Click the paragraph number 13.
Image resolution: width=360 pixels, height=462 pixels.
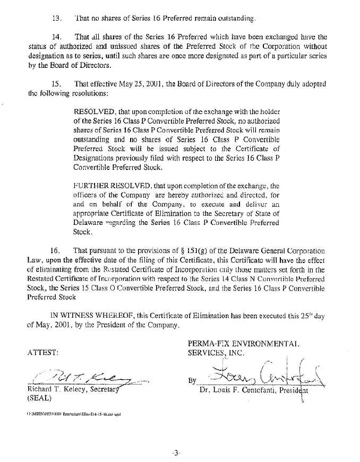click(57, 18)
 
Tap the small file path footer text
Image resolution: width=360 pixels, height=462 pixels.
click(73, 415)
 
